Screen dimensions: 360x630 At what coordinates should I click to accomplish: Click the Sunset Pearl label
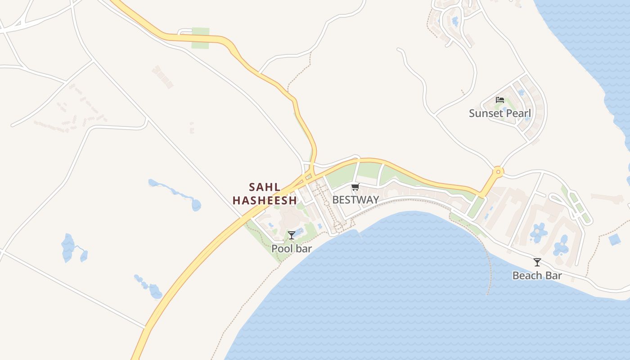[500, 113]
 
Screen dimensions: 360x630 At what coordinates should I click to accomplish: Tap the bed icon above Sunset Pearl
[500, 100]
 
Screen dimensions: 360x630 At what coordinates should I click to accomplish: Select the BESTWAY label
[355, 200]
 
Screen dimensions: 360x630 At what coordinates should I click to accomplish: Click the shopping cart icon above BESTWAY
[355, 187]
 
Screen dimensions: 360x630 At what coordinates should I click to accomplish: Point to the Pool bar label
[292, 248]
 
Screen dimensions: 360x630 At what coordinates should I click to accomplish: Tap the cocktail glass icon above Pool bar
[292, 235]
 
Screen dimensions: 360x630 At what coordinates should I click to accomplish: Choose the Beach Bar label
[537, 275]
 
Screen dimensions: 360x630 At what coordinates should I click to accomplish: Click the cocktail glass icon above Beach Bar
[537, 262]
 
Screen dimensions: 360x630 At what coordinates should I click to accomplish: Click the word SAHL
[265, 187]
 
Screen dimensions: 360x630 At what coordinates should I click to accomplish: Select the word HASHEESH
[265, 201]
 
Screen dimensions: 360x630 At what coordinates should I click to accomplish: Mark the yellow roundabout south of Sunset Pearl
[498, 171]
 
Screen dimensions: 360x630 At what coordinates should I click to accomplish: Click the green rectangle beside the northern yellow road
[200, 38]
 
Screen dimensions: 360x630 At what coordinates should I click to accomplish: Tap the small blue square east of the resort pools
[615, 239]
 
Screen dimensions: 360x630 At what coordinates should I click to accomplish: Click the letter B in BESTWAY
[335, 200]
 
